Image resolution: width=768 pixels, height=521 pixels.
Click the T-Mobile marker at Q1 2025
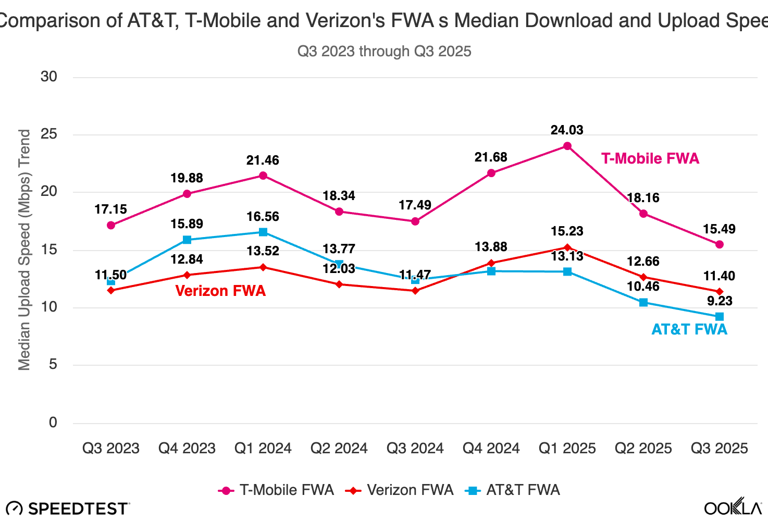pos(567,146)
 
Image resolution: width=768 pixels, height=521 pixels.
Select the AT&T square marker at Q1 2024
pos(263,232)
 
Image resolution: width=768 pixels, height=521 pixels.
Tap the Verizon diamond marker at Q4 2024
pos(491,263)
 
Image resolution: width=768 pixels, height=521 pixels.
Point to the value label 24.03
pos(567,130)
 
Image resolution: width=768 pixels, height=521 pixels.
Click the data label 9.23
pos(720,301)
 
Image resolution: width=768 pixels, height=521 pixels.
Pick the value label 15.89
pos(187,224)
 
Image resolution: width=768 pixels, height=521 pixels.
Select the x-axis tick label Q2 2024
pos(339,449)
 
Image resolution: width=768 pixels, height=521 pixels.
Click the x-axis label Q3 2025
pos(719,449)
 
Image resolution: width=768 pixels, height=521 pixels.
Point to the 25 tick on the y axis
pos(49,134)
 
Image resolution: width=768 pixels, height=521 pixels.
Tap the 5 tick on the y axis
pos(53,365)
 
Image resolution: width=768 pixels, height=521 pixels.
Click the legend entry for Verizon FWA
pos(400,490)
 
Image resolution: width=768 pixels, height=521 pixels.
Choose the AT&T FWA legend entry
pos(513,490)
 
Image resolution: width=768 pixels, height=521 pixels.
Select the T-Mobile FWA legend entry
pos(276,490)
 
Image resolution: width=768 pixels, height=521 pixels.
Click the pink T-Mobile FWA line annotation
pos(650,158)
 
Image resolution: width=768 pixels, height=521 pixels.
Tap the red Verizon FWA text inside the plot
pos(220,291)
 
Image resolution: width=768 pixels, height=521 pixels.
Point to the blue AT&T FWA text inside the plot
pos(689,329)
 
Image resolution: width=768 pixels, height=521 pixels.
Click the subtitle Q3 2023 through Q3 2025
pos(384,52)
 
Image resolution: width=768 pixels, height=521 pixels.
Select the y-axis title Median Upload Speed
pos(24,250)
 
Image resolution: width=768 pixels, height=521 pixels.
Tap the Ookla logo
pos(733,507)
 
